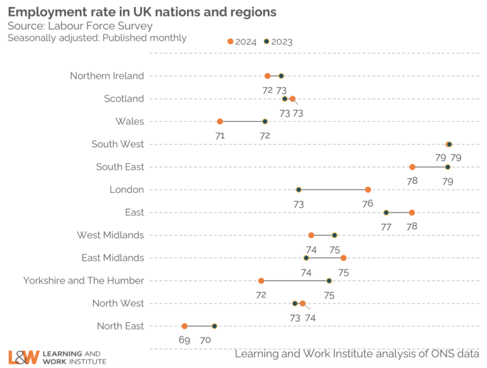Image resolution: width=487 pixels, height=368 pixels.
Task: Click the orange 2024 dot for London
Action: click(368, 190)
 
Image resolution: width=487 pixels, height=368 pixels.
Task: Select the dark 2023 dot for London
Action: click(299, 190)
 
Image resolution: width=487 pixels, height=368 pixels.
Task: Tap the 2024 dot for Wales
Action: click(220, 121)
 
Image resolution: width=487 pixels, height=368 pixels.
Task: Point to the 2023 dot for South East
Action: click(448, 167)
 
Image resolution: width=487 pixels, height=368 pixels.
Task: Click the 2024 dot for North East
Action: click(185, 326)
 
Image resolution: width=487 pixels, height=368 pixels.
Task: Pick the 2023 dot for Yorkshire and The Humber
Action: click(329, 280)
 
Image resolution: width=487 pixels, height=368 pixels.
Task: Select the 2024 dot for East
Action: click(412, 213)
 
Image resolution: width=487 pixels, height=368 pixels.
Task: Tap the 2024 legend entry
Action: click(242, 42)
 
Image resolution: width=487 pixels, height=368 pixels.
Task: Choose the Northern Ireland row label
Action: click(107, 76)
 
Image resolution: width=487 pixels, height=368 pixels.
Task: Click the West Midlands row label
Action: click(110, 235)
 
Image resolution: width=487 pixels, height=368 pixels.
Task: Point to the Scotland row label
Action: click(124, 98)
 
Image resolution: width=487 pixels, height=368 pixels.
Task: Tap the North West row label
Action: click(118, 303)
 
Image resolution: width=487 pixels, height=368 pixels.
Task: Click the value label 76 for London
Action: click(368, 204)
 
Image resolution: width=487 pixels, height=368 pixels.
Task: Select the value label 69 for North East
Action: click(185, 340)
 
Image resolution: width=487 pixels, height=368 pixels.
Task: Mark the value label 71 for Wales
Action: click(220, 135)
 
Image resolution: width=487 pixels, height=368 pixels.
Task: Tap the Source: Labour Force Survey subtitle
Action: click(80, 26)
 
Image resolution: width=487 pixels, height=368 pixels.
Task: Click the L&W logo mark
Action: click(24, 357)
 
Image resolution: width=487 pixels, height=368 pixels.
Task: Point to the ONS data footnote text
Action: click(356, 354)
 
